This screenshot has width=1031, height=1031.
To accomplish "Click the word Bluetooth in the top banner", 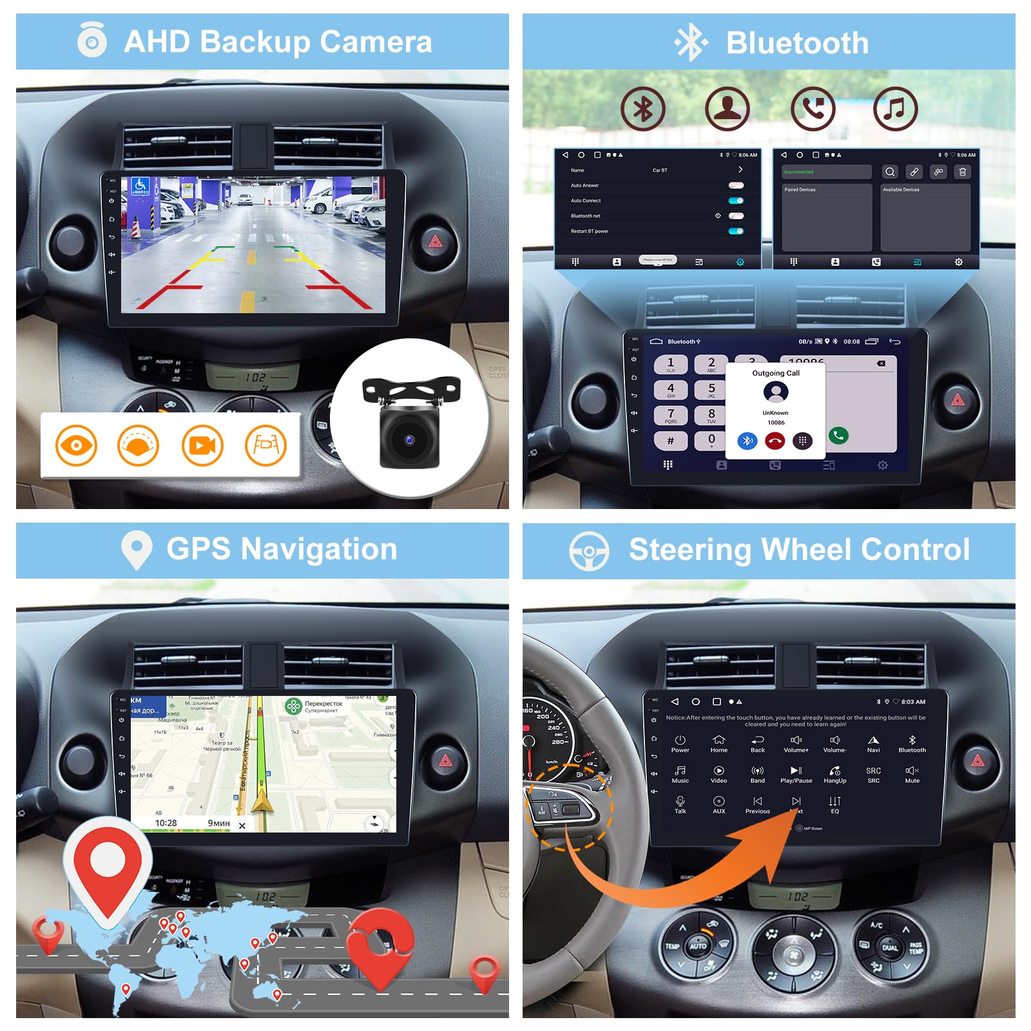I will (797, 43).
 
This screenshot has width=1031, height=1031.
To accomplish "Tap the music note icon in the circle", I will (895, 109).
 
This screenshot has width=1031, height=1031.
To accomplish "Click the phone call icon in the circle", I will (813, 109).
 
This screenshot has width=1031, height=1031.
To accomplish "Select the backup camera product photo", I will (410, 420).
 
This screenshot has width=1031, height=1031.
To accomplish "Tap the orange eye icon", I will (76, 445).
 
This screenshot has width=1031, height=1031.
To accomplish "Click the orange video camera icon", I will (202, 445).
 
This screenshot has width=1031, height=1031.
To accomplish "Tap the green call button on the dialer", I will (838, 436).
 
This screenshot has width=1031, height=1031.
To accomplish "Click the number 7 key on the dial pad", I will (671, 415).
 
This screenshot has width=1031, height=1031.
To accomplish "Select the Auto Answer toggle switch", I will (736, 186).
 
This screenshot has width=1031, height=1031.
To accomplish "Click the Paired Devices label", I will (800, 190).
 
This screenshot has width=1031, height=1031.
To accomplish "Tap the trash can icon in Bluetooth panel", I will (963, 172).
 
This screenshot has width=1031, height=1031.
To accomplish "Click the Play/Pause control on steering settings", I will (796, 775).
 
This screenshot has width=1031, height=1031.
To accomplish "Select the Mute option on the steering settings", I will (912, 775).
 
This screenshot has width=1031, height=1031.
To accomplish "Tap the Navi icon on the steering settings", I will (873, 744).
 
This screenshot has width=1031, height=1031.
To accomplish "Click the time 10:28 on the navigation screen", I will (166, 823).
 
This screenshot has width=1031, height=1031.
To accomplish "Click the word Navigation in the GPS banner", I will (319, 550).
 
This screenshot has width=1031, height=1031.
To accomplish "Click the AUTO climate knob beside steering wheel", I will (698, 946).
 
